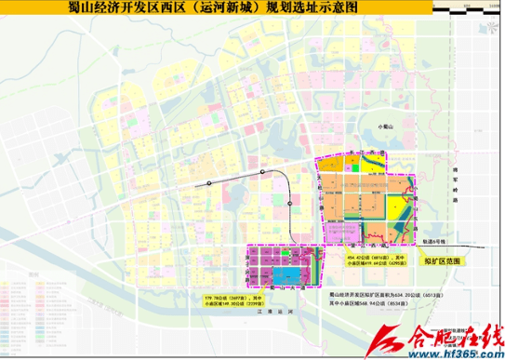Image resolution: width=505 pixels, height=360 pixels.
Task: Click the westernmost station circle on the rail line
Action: click(210, 183)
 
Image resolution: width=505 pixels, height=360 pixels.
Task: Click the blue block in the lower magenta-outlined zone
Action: click(287, 275)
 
